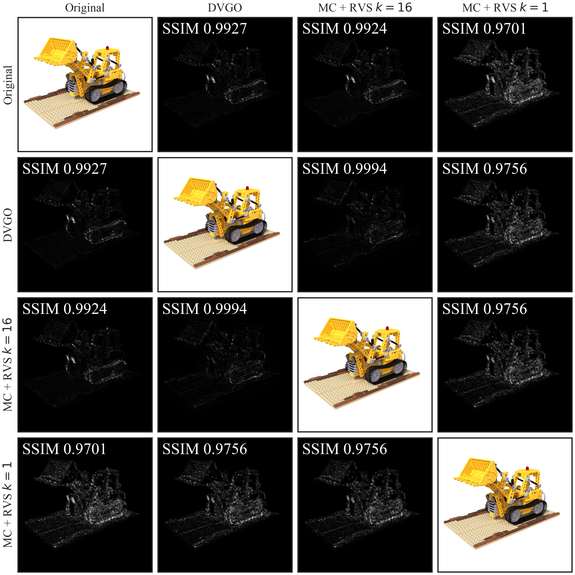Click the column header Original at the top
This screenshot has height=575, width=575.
click(85, 8)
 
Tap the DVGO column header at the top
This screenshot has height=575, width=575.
click(225, 8)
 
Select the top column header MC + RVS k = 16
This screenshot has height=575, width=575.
click(365, 8)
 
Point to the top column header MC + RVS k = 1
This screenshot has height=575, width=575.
click(505, 8)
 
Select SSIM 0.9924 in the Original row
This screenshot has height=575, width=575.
click(345, 29)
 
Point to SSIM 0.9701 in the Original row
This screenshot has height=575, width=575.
click(484, 29)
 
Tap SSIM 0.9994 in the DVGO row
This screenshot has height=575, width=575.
click(345, 169)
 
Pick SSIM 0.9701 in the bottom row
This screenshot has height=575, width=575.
click(64, 449)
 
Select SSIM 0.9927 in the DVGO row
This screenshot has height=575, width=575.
click(65, 169)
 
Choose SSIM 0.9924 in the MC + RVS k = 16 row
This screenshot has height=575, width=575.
click(65, 309)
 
